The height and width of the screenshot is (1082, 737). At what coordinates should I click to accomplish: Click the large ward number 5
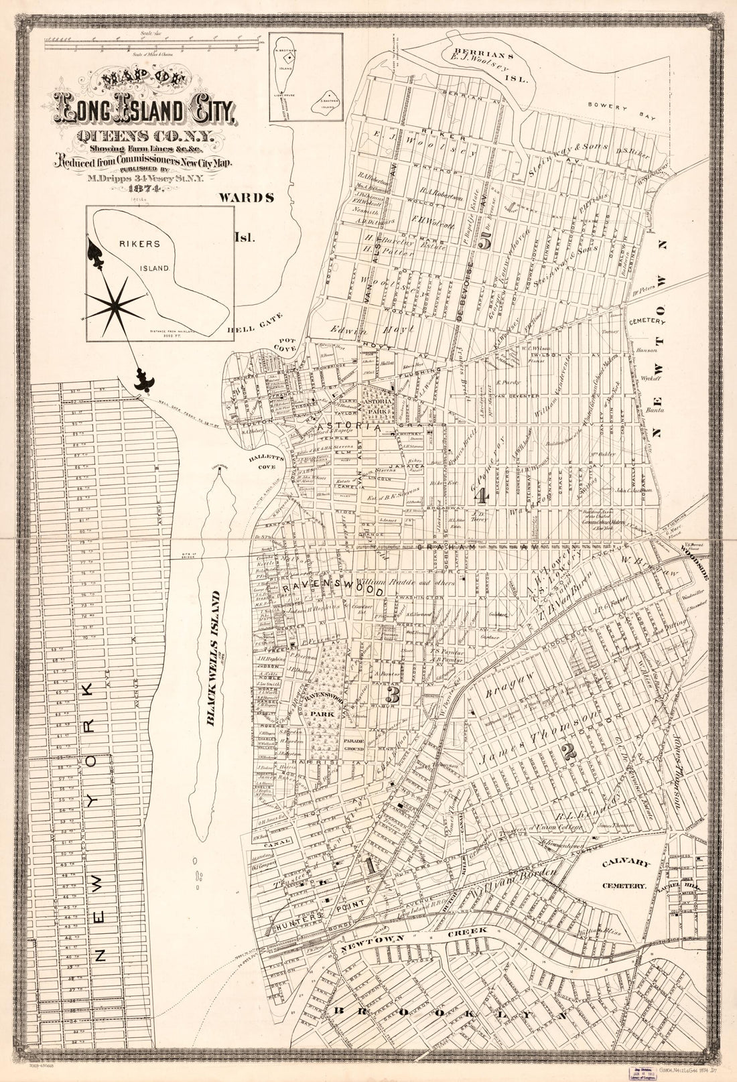[x=485, y=243]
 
